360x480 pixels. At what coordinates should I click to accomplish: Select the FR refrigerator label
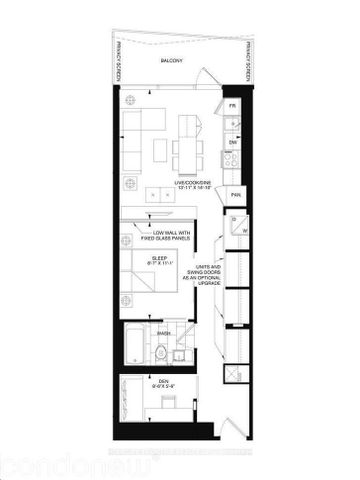pos(232,105)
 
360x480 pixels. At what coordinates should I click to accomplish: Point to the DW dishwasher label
pos(232,143)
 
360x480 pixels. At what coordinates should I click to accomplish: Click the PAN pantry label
pos(236,195)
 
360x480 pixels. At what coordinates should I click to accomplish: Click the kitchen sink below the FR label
pos(232,123)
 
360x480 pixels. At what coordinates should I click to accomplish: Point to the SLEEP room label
pos(160,261)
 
